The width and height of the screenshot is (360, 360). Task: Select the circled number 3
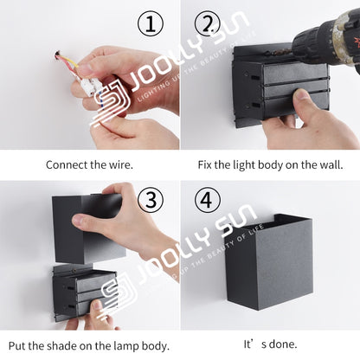tap(151, 201)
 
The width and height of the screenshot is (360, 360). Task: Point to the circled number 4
tap(205, 201)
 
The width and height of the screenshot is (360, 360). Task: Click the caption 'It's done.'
tap(270, 343)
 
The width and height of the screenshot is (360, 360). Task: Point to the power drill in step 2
tap(328, 39)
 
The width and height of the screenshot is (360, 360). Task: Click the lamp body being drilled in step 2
tap(277, 87)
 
